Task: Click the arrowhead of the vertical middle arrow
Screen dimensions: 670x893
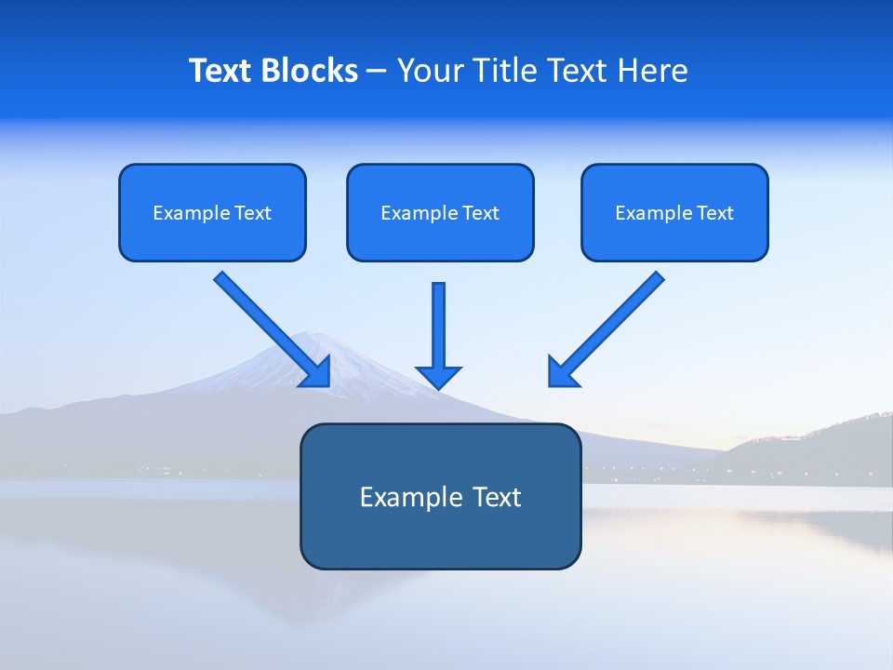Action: point(438,377)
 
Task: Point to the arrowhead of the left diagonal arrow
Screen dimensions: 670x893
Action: point(317,372)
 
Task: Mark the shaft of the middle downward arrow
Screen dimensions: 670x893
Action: point(438,321)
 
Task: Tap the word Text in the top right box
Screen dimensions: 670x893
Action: point(714,213)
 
